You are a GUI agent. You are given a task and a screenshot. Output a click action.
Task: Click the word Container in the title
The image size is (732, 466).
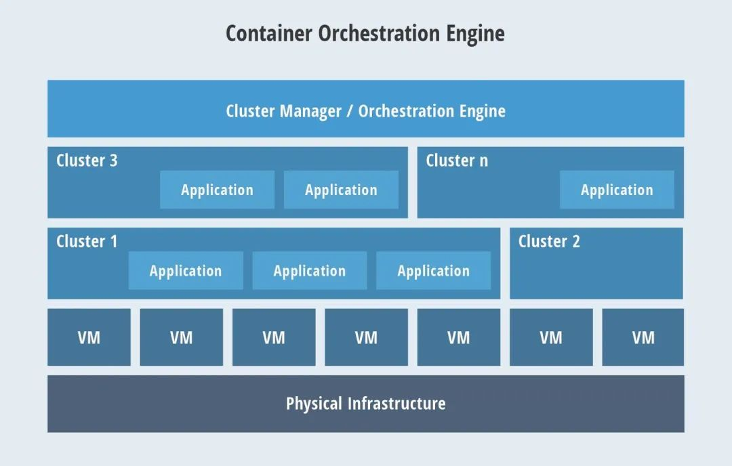268,34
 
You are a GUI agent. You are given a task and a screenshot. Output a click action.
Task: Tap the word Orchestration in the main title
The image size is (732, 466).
379,34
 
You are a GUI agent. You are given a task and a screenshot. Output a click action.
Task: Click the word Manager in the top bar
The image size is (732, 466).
310,112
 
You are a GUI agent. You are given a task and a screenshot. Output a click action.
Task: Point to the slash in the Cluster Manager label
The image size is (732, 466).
350,112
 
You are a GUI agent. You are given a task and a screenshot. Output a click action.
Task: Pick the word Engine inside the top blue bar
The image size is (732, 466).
483,112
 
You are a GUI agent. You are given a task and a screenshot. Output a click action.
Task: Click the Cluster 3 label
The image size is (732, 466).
87,161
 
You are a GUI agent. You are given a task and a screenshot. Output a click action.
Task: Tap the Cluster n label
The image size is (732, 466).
457,161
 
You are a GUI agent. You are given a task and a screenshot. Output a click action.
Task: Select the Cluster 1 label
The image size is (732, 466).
87,242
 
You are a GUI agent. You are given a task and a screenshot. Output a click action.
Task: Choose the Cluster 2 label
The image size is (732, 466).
549,242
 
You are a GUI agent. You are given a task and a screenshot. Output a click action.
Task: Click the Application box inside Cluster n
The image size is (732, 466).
617,190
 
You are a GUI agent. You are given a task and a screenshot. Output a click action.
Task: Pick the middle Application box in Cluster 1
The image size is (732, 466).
310,270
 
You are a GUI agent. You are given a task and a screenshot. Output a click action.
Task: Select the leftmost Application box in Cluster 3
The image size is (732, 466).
217,190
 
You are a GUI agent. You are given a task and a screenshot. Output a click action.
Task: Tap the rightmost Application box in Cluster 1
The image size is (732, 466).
433,270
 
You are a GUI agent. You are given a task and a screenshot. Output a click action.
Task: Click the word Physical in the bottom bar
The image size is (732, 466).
314,404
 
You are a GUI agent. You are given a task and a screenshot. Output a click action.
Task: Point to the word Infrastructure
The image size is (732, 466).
396,404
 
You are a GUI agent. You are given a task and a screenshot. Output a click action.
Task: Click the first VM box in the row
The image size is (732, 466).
89,337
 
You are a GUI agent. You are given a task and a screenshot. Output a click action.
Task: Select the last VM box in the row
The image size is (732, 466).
643,337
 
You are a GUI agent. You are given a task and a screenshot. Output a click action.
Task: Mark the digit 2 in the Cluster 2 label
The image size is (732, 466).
575,242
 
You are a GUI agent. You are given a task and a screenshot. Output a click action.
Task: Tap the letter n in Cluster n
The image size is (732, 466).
484,161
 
